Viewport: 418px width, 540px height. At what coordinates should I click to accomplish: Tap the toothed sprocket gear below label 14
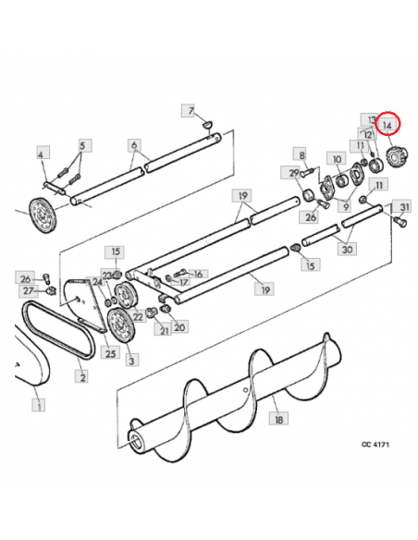[x=397, y=156]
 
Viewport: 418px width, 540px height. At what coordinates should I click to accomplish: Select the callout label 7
[x=191, y=111]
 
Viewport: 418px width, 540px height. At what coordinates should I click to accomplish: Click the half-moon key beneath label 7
[x=208, y=123]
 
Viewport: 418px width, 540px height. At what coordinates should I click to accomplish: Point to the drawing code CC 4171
[x=375, y=444]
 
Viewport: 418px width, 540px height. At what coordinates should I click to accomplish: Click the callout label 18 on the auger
[x=278, y=419]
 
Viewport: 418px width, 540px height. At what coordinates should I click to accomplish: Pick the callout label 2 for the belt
[x=82, y=376]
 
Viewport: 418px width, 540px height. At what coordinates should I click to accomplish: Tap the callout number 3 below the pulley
[x=131, y=361]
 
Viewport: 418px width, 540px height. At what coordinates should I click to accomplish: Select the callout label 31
[x=403, y=207]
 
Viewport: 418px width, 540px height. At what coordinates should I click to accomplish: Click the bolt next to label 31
[x=400, y=221]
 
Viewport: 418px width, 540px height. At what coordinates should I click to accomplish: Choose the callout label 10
[x=338, y=159]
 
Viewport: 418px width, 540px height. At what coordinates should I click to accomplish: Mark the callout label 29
[x=294, y=173]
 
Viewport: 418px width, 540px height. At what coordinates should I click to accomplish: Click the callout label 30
[x=347, y=249]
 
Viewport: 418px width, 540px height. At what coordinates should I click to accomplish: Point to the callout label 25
[x=110, y=354]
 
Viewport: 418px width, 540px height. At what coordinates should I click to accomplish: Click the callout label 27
[x=29, y=290]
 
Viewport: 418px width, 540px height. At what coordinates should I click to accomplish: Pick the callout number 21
[x=165, y=331]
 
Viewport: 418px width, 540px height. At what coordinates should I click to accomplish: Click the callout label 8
[x=302, y=155]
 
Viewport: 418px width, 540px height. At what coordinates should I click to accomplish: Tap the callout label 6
[x=134, y=145]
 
